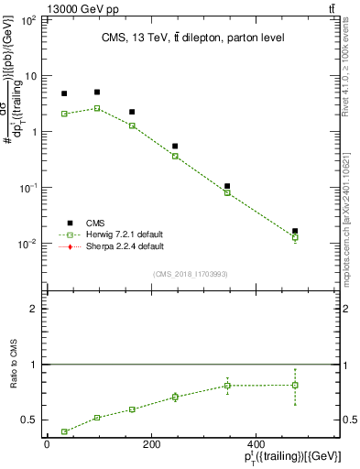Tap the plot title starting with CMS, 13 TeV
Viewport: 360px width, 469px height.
tap(193, 38)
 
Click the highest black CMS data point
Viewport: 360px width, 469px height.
tap(97, 92)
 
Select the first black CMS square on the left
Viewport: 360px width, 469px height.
tap(64, 93)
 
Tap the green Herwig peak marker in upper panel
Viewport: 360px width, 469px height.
tap(97, 108)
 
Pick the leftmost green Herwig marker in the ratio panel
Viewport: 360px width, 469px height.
tap(64, 431)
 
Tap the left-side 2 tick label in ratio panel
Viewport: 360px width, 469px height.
tap(38, 309)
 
